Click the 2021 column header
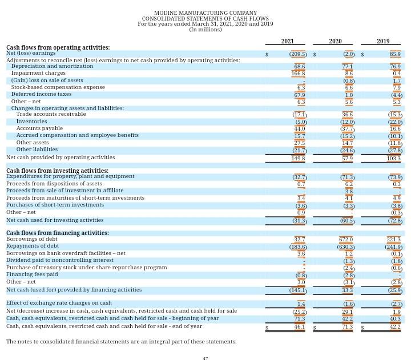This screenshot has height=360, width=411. click(288, 41)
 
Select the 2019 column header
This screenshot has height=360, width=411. click(383, 41)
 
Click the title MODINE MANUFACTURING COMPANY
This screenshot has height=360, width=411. click(205, 13)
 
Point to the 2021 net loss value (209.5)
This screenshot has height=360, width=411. click(298, 54)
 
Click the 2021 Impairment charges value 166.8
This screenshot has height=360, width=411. click(298, 74)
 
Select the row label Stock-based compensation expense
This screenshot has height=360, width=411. click(58, 87)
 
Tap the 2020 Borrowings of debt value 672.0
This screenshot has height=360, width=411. click(346, 240)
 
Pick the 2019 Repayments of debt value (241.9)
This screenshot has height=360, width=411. click(393, 247)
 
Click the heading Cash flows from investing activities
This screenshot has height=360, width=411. click(57, 171)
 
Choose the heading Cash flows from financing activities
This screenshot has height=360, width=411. click(57, 233)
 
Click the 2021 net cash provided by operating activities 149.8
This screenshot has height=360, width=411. click(298, 158)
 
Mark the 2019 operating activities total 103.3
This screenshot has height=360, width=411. click(394, 158)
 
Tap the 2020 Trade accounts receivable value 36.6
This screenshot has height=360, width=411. click(346, 115)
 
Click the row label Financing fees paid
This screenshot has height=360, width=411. click(32, 274)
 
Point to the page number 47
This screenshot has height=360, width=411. click(205, 358)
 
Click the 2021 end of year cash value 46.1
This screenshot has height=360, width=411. click(299, 327)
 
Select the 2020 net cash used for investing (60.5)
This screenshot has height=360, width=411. click(346, 221)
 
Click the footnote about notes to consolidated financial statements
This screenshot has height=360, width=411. click(121, 342)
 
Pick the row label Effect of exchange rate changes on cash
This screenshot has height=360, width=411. click(59, 303)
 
